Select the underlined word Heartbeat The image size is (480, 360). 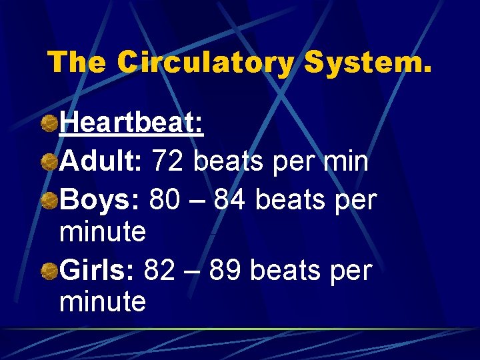click(x=131, y=124)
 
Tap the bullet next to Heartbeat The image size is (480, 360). click(x=49, y=124)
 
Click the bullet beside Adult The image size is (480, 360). click(x=49, y=161)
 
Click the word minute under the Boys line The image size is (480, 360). click(x=103, y=233)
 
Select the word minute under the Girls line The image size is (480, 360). click(x=103, y=303)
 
